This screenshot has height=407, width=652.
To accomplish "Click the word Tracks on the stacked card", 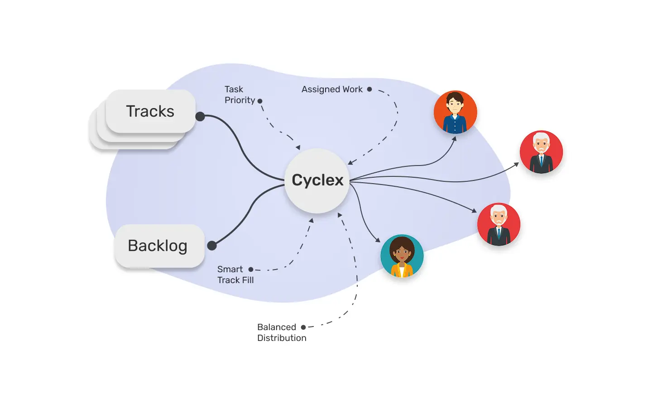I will click(x=150, y=111).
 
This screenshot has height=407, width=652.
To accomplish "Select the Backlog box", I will click(x=158, y=246).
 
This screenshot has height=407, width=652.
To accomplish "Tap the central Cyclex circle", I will click(x=317, y=180).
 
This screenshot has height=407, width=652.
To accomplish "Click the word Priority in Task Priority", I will click(x=240, y=100).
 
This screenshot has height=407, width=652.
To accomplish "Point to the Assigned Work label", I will click(x=332, y=90).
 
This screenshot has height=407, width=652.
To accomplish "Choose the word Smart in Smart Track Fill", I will click(x=230, y=270).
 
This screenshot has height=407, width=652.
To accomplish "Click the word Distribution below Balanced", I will click(x=282, y=338).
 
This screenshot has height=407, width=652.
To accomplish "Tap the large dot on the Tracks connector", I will click(x=200, y=117).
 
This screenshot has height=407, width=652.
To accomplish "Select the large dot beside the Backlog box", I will click(x=212, y=246).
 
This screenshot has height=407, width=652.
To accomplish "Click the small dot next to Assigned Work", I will click(x=369, y=90).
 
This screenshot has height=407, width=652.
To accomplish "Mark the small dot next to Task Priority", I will click(x=260, y=101).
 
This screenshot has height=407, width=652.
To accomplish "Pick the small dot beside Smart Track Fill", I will click(x=251, y=270).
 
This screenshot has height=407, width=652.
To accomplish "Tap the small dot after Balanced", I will click(x=303, y=327).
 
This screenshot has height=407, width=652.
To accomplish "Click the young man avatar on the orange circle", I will click(x=455, y=112).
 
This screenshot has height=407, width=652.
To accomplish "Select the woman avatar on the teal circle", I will click(x=402, y=256).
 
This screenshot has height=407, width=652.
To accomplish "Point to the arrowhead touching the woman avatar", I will click(x=378, y=240).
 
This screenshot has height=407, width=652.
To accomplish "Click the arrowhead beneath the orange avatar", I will click(x=454, y=139).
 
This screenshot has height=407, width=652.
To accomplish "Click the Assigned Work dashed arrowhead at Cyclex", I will click(x=350, y=162).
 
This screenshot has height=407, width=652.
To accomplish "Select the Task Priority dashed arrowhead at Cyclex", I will click(x=298, y=147).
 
